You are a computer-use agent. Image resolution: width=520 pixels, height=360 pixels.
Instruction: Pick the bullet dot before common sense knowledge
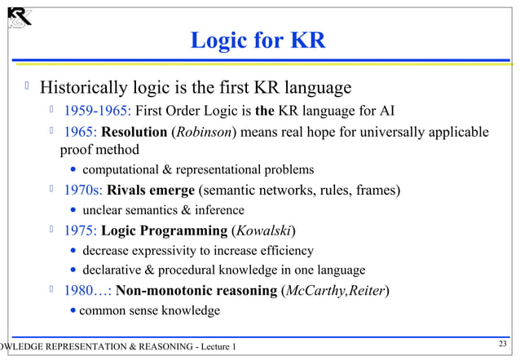74,311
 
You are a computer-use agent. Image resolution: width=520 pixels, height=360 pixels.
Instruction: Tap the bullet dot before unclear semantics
74,210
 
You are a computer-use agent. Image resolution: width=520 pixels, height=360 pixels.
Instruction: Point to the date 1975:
81,230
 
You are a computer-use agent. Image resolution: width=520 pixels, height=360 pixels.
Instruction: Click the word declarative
113,270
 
